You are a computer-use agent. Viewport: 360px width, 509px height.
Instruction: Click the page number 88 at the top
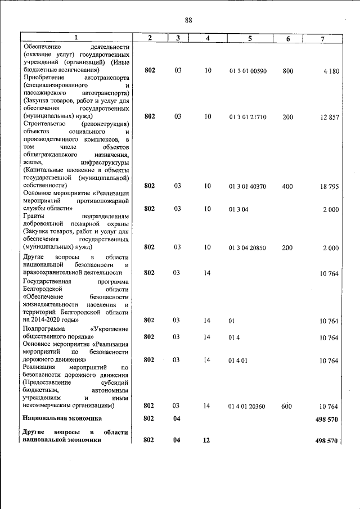(188, 20)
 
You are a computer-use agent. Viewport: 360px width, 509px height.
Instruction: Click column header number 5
(249, 38)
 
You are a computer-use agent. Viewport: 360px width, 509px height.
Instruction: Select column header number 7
(322, 38)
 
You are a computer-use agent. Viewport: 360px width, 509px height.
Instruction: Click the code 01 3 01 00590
(247, 71)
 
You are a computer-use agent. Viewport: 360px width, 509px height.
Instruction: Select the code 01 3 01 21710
(247, 116)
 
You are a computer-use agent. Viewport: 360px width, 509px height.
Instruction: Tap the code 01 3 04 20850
(247, 247)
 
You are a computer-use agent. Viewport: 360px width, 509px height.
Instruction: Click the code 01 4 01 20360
(247, 406)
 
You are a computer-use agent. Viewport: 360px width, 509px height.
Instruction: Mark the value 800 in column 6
(288, 71)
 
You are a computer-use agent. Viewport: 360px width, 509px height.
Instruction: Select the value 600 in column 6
(287, 406)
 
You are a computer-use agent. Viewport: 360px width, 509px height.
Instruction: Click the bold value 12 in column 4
(206, 440)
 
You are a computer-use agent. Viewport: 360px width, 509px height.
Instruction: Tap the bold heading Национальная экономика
(62, 418)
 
